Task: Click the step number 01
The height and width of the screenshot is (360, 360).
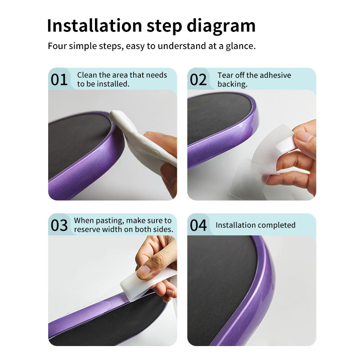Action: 59,80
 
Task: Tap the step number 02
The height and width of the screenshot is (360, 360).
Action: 198,80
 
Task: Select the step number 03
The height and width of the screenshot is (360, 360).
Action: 59,225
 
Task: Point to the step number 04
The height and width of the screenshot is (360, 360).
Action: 198,225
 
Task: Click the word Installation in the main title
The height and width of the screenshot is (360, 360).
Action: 94,26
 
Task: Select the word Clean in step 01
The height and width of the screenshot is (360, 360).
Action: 87,75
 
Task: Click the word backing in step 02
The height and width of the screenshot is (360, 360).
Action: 232,84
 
